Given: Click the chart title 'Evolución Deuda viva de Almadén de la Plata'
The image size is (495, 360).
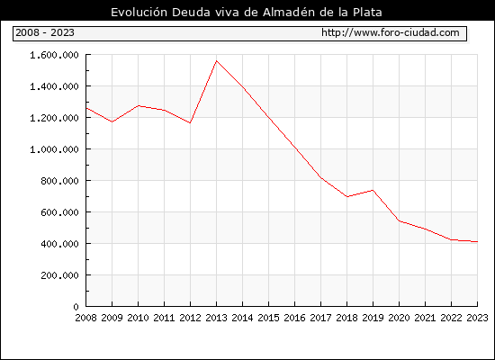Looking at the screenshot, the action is click(247, 12).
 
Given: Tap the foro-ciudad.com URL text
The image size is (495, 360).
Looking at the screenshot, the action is click(391, 32).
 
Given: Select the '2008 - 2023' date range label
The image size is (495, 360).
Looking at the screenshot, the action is click(45, 32).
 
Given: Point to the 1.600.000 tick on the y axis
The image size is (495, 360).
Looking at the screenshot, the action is click(54, 55).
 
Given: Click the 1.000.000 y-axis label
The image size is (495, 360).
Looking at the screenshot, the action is click(54, 149).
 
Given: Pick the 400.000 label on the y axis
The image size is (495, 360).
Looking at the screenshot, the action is click(59, 244).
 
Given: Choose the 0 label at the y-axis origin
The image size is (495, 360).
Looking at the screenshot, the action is click(76, 307).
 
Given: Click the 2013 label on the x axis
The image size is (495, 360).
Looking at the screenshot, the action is click(216, 318).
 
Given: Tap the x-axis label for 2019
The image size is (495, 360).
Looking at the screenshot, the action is click(373, 318).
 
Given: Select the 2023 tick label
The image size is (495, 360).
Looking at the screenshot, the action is click(477, 318).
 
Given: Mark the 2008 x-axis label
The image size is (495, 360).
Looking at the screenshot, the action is click(85, 318).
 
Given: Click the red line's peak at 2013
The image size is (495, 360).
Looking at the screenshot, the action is click(216, 60).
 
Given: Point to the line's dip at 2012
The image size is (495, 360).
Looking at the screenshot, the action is click(190, 122).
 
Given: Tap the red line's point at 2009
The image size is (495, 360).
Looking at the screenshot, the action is click(112, 121).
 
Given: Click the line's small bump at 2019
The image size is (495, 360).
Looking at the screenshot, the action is click(373, 190).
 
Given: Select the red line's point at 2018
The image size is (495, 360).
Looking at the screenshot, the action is click(346, 196).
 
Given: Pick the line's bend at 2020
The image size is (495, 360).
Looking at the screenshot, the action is click(400, 220).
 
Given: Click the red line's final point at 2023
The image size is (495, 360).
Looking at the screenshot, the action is click(477, 241).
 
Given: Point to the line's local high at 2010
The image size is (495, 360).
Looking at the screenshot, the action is click(138, 106).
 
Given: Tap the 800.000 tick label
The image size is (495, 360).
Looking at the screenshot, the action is click(59, 181).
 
